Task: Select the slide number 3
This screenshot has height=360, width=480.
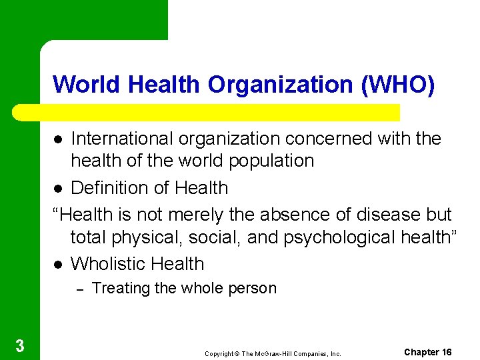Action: click(20, 345)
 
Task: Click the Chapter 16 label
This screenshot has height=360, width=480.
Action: click(428, 352)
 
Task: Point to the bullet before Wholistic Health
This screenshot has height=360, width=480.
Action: click(58, 265)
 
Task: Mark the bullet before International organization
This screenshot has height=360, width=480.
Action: click(58, 139)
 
